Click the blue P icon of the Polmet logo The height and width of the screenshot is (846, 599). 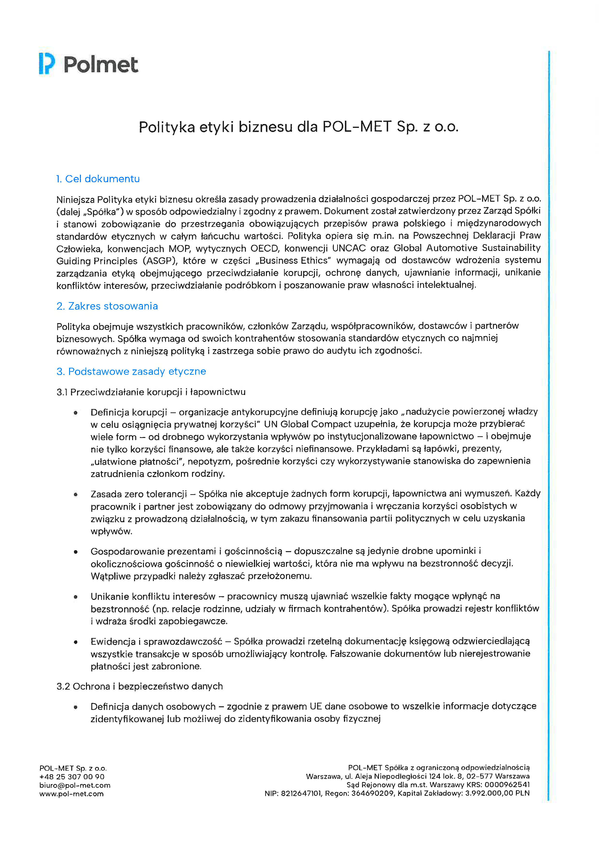tap(46, 64)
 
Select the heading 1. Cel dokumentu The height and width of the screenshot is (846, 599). tap(98, 179)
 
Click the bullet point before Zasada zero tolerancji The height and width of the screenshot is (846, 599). tap(76, 494)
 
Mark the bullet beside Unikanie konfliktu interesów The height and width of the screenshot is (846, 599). tap(76, 596)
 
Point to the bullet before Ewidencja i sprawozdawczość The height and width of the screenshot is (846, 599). tap(76, 642)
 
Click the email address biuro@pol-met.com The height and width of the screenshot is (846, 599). tap(75, 785)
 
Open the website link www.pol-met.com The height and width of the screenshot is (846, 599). tap(71, 793)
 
